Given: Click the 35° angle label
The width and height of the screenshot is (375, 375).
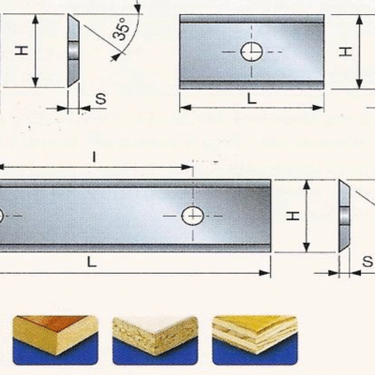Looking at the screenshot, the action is click(121, 29).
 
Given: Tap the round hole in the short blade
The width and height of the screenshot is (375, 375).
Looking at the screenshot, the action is click(251, 52).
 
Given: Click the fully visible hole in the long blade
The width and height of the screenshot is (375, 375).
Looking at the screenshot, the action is click(193, 216).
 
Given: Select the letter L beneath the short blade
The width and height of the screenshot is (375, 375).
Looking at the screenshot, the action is click(252, 98).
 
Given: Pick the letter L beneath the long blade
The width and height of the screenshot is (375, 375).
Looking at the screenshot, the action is click(91, 262).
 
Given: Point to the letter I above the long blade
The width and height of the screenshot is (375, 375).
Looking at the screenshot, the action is click(94, 157).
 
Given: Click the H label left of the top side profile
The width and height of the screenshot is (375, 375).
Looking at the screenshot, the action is click(22, 51).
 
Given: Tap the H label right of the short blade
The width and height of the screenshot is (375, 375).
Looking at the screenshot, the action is click(346, 52).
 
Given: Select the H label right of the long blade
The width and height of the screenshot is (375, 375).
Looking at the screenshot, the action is click(293, 216).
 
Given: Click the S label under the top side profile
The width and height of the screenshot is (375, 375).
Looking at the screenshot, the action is click(100, 98).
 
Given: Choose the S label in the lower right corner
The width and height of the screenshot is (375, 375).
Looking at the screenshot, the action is click(367, 262).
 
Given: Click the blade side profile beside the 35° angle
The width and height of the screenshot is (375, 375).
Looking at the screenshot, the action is click(73, 51).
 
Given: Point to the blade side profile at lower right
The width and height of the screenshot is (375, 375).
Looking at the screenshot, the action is click(344, 216).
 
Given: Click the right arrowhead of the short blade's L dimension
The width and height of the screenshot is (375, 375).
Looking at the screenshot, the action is click(318, 108).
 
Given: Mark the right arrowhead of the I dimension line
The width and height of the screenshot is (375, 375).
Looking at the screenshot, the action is click(187, 167).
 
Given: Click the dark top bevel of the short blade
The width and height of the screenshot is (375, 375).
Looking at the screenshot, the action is click(251, 19).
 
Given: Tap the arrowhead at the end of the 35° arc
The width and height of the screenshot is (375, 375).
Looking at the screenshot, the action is click(116, 56).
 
